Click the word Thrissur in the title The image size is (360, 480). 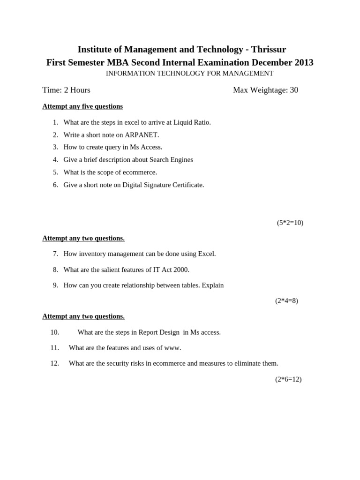[269, 50]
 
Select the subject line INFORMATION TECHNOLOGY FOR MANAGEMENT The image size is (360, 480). [189, 74]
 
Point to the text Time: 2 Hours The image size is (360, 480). [66, 90]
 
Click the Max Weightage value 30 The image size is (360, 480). [294, 90]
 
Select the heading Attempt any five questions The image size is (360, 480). [82, 106]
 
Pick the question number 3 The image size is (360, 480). [55, 147]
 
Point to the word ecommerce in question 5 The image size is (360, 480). [139, 172]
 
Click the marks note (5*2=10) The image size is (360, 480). [290, 223]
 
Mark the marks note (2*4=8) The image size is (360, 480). [286, 301]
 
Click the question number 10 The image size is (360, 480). [55, 332]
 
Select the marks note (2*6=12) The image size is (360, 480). [288, 379]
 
